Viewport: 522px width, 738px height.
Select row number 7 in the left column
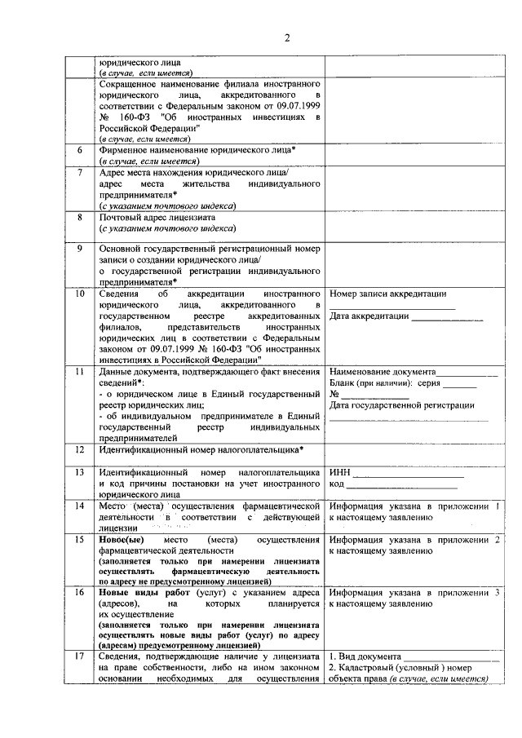pos(79,174)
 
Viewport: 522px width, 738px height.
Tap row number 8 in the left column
pos(79,218)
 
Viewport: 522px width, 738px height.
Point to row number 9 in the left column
pos(79,249)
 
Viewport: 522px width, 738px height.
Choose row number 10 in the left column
pos(79,293)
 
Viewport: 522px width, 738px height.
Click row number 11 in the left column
pos(79,372)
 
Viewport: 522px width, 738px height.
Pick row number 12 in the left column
pos(79,449)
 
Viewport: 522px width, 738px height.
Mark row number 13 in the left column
pos(79,472)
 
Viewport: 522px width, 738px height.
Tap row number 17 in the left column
pos(79,656)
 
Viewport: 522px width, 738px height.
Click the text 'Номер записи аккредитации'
pos(387,293)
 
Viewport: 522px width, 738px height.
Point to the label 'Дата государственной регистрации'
pos(402,405)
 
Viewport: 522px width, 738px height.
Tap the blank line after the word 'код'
pos(404,486)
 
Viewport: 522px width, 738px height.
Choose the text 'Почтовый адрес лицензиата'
pos(157,218)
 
